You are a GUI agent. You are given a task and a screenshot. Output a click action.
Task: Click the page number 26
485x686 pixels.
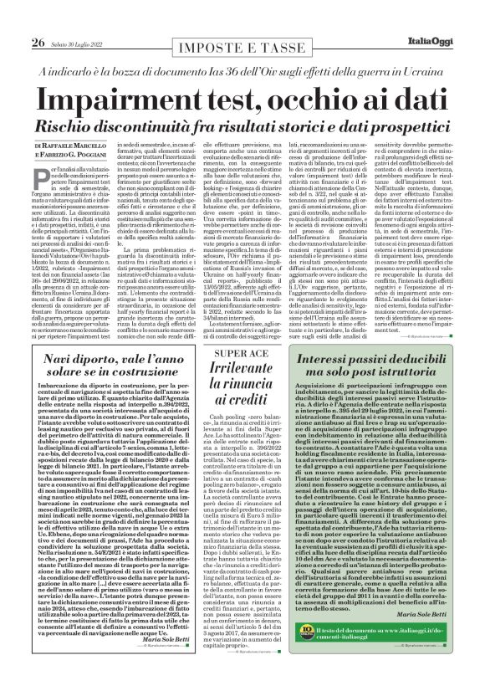pyautogui.click(x=15, y=19)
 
